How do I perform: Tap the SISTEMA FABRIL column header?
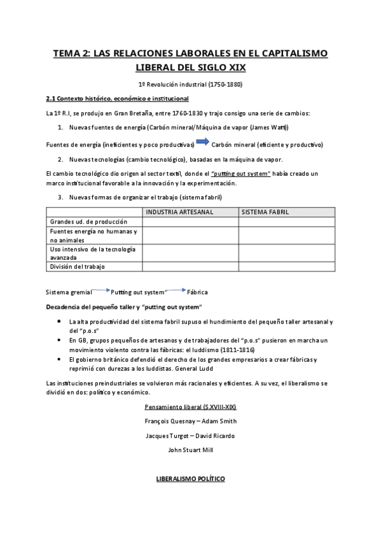point(265,211)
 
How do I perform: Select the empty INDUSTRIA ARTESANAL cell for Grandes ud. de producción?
point(190,221)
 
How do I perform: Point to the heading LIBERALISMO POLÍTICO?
point(190,478)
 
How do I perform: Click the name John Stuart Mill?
point(190,450)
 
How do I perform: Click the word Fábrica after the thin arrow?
point(197,292)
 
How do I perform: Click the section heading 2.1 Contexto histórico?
point(117,99)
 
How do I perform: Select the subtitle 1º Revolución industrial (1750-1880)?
point(190,84)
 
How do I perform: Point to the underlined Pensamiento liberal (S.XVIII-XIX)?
point(190,406)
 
